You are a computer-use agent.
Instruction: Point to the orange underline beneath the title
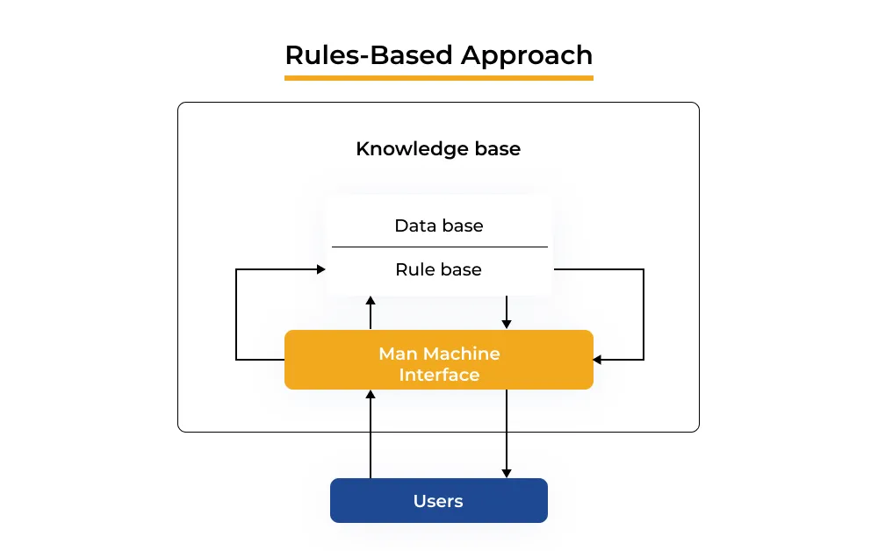[438, 78]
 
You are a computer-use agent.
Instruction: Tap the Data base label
[438, 225]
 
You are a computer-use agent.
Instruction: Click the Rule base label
[438, 269]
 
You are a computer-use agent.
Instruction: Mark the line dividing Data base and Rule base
[438, 247]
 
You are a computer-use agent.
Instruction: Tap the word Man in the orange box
[397, 354]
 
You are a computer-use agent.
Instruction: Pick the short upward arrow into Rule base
[371, 311]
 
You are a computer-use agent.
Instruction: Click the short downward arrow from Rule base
[507, 312]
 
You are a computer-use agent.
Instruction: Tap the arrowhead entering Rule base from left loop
[320, 269]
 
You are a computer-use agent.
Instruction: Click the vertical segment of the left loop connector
[236, 314]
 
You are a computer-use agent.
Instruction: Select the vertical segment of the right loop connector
[644, 314]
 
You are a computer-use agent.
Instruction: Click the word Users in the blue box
[438, 501]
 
